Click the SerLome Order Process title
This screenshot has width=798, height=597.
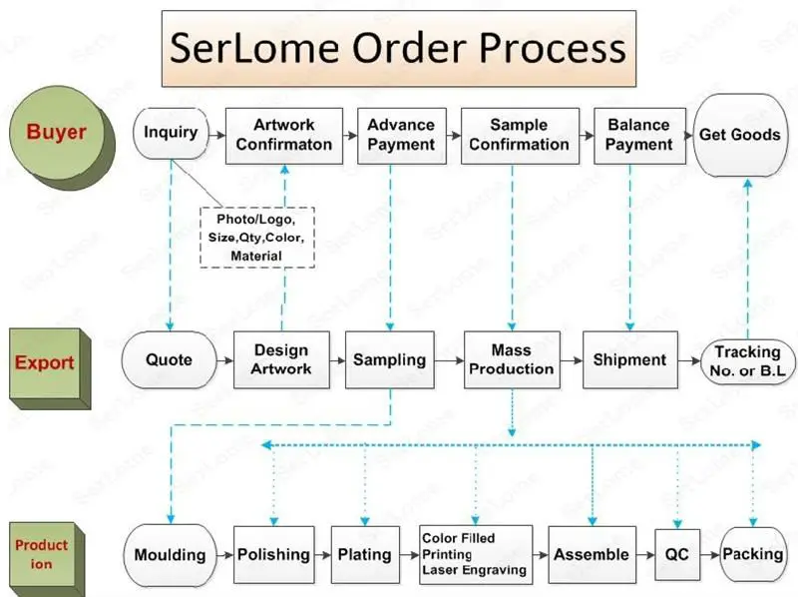point(399,48)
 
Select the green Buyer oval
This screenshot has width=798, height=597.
point(57,133)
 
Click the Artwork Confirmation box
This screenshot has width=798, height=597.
point(283,134)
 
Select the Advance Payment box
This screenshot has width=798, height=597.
point(401,134)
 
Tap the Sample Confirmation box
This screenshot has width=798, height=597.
point(519,134)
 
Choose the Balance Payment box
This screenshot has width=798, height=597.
point(638,134)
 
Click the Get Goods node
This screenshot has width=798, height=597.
point(739,136)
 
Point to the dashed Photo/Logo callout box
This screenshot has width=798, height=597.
point(256,237)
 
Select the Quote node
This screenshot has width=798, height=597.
point(169,360)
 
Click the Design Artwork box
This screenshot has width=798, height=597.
point(281,359)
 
